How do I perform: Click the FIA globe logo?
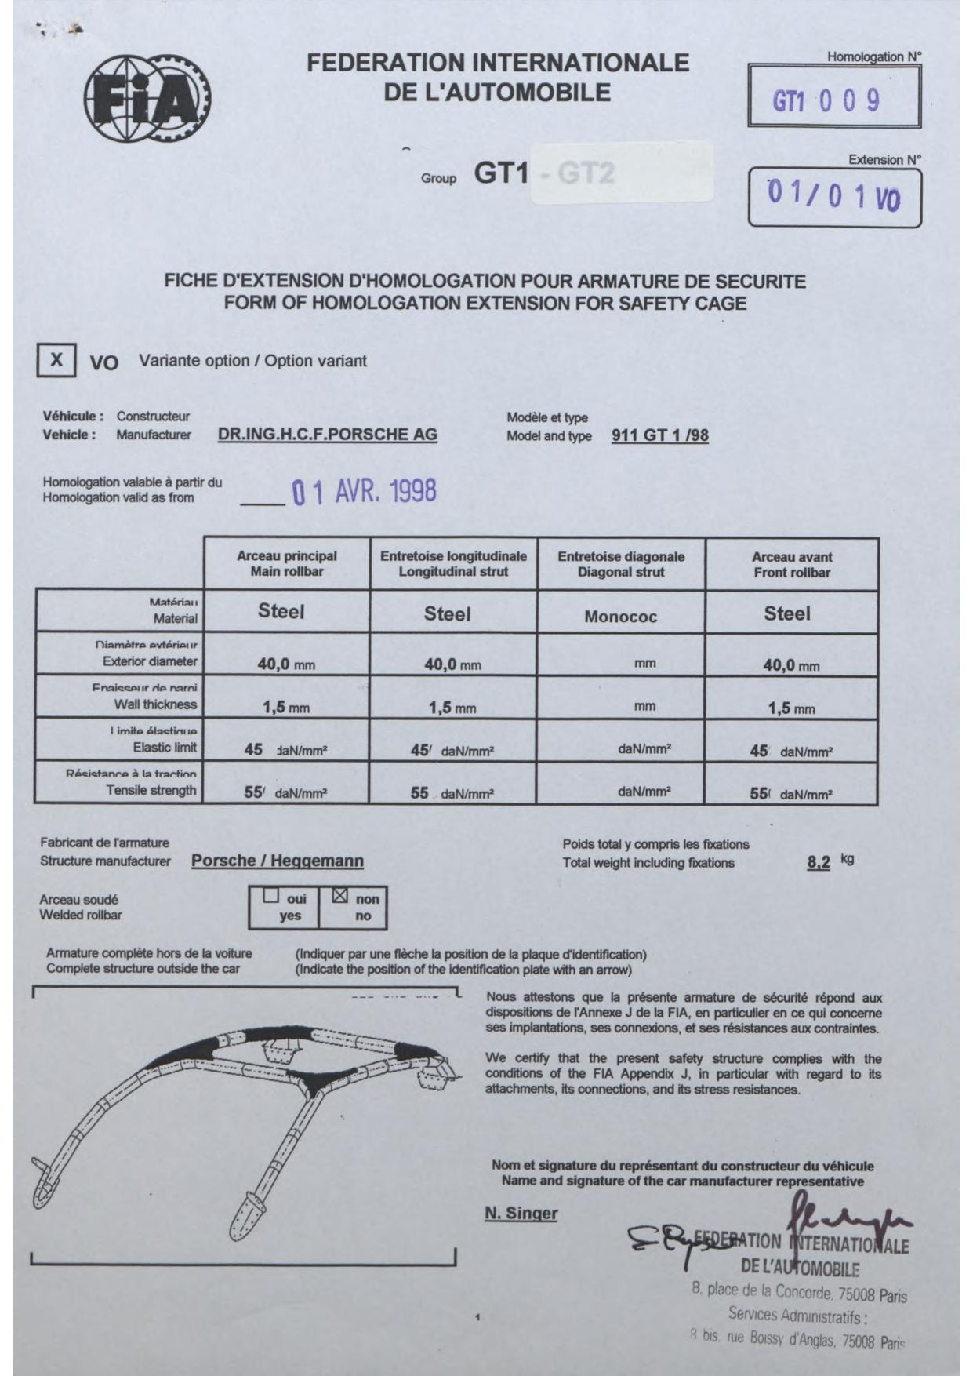click(147, 99)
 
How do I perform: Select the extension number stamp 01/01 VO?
click(834, 196)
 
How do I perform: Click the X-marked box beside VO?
click(56, 360)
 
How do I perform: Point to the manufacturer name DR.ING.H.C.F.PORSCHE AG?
click(327, 435)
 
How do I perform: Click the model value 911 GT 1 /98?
click(659, 436)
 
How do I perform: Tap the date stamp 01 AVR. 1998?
click(364, 492)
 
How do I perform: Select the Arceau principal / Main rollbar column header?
click(287, 564)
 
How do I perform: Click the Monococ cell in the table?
click(620, 617)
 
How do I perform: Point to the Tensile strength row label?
click(151, 790)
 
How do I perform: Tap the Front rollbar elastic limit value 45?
click(758, 751)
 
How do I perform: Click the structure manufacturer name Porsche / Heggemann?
click(278, 861)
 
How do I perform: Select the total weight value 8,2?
click(818, 863)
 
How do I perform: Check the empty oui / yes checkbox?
click(271, 895)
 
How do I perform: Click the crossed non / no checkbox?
click(339, 895)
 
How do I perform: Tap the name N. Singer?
click(521, 1214)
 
